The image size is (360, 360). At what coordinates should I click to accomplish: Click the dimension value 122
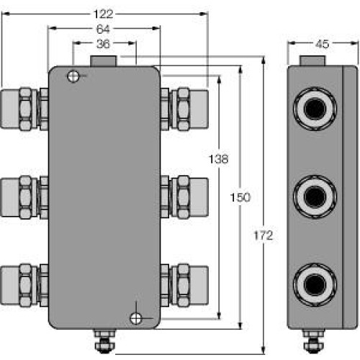104,13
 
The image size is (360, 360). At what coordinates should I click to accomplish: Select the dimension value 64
104,29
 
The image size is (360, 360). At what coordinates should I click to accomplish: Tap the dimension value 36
104,44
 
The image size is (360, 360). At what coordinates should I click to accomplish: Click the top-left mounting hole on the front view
73,77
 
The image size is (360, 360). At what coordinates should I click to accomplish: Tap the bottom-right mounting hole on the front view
135,318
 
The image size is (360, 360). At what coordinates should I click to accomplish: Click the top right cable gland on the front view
184,108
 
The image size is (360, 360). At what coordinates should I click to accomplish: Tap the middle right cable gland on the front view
184,196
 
